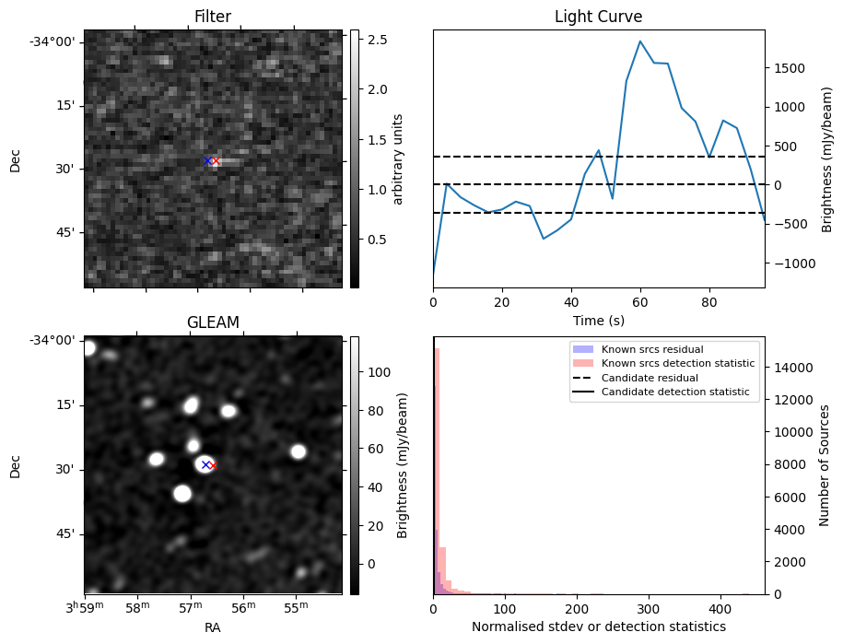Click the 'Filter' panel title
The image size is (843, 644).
click(213, 17)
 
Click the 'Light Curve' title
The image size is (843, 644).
click(598, 17)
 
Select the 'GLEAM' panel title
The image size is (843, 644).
click(213, 322)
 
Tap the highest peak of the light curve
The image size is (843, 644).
click(640, 41)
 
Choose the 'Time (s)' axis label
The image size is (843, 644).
click(598, 320)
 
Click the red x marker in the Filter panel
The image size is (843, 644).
click(216, 161)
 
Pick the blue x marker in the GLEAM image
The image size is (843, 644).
click(205, 465)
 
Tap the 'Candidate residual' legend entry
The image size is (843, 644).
click(650, 379)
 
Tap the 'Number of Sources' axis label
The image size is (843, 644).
click(825, 465)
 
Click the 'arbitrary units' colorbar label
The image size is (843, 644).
click(399, 158)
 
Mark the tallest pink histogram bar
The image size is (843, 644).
click(437, 470)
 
